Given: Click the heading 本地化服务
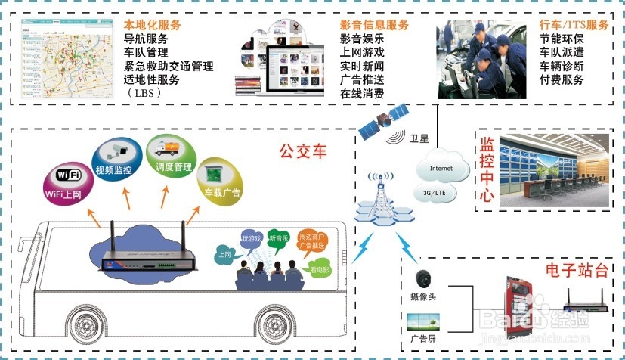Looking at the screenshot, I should [152, 24].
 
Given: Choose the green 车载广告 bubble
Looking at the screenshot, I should [220, 183].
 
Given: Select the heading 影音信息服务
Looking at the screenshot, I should [374, 24].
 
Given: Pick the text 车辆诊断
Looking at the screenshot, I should [561, 66].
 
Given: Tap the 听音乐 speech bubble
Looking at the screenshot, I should [281, 238].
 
